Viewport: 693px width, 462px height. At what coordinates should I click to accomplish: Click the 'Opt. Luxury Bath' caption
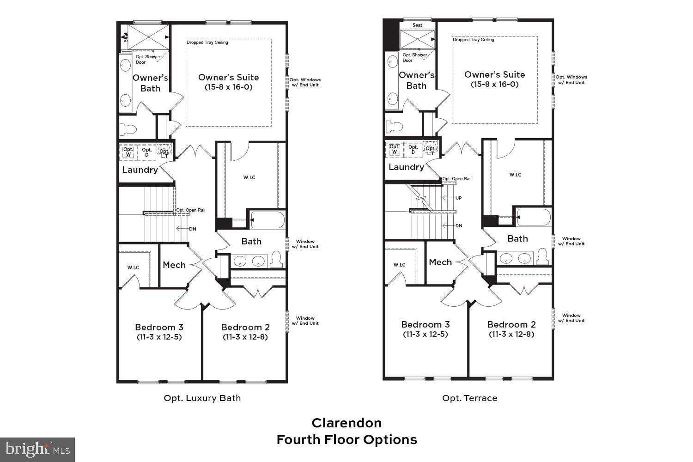pyautogui.click(x=202, y=398)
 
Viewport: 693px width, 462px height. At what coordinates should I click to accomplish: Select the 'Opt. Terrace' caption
pyautogui.click(x=469, y=398)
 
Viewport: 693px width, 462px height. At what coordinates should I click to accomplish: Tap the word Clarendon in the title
pyautogui.click(x=346, y=423)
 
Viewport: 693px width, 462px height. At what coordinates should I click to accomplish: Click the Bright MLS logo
pyautogui.click(x=37, y=449)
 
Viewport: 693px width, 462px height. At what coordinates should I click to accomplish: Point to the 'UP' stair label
pyautogui.click(x=458, y=198)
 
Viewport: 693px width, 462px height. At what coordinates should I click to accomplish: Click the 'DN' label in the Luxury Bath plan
pyautogui.click(x=192, y=229)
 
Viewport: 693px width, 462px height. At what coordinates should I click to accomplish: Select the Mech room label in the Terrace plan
pyautogui.click(x=440, y=262)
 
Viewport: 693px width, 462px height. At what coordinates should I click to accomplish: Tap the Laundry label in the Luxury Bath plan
pyautogui.click(x=140, y=170)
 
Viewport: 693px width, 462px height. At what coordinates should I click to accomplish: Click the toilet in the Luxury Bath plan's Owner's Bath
pyautogui.click(x=128, y=129)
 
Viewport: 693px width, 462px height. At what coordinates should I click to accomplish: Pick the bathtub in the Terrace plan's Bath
pyautogui.click(x=534, y=217)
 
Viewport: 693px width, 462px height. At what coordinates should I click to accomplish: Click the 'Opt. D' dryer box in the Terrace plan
pyautogui.click(x=413, y=149)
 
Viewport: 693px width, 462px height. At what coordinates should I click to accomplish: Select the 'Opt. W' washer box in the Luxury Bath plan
pyautogui.click(x=128, y=152)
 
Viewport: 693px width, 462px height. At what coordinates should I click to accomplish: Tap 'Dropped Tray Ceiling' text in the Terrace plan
pyautogui.click(x=473, y=40)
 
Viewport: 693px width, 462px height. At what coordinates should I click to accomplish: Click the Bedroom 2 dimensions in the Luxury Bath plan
pyautogui.click(x=245, y=337)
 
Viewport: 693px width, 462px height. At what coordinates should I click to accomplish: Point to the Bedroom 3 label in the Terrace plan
pyautogui.click(x=425, y=324)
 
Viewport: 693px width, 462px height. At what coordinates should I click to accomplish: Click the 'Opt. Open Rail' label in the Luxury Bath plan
pyautogui.click(x=190, y=210)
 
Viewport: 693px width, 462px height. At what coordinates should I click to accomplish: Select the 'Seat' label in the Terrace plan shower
pyautogui.click(x=417, y=25)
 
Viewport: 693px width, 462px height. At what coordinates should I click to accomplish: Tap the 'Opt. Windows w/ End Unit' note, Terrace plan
pyautogui.click(x=571, y=80)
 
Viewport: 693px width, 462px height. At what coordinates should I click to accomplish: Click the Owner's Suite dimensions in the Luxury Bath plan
pyautogui.click(x=228, y=87)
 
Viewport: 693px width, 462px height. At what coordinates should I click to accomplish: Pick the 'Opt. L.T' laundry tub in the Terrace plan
pyautogui.click(x=430, y=149)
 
